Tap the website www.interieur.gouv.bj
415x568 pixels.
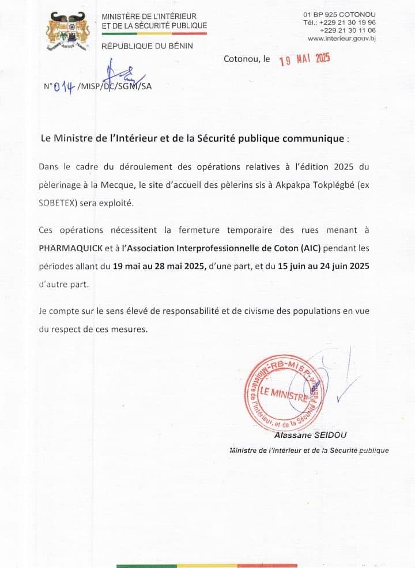342,39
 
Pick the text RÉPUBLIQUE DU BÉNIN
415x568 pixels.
147,46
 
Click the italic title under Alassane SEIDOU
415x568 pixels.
308,450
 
